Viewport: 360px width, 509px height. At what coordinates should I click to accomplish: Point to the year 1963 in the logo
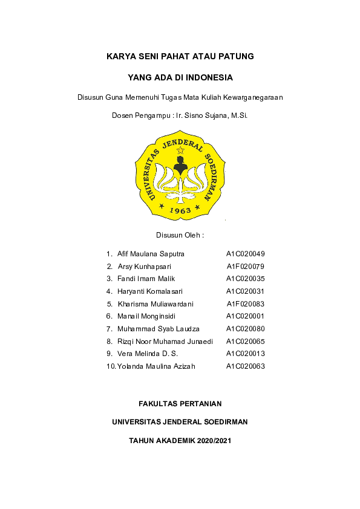tap(180, 210)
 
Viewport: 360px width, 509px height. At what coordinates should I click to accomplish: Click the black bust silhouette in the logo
tap(179, 164)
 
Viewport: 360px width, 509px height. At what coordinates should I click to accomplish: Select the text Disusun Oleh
tap(180, 235)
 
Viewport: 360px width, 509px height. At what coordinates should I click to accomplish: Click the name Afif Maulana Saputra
tap(151, 254)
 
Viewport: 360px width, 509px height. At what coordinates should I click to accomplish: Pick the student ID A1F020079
tap(246, 267)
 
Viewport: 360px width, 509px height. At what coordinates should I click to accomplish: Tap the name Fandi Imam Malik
tap(146, 279)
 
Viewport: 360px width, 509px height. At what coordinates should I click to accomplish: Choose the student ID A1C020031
tap(246, 291)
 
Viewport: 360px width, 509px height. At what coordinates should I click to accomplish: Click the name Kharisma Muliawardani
tap(155, 304)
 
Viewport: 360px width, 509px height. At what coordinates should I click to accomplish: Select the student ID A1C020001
tap(246, 316)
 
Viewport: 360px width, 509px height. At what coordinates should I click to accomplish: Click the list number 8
tap(109, 342)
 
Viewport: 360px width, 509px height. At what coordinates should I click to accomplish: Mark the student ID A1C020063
tap(246, 366)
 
